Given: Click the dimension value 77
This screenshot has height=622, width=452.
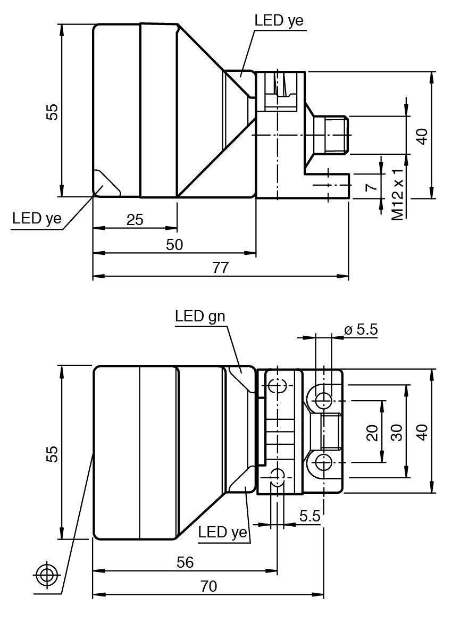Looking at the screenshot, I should coord(220,268).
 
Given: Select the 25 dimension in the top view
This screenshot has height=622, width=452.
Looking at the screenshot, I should coord(135,219).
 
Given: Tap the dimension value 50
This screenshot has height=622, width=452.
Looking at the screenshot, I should coord(174,244).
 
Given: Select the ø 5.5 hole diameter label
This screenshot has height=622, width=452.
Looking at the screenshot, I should coord(361,330).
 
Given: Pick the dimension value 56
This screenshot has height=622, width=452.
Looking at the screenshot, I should coord(185,562).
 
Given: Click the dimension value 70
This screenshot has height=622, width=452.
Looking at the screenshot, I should coord(208,586).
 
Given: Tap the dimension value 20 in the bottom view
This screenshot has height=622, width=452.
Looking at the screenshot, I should coord(372,432).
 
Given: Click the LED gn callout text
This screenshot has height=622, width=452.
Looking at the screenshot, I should coord(200,316).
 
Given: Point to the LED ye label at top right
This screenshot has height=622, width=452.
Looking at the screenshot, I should coord(279,21).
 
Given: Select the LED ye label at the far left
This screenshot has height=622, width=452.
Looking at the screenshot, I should coord(37,218).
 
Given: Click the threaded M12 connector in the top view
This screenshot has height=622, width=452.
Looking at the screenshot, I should coord(331,135).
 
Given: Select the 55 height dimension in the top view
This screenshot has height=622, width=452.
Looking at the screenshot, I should coord(52,111).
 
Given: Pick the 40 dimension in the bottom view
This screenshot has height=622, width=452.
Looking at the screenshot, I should coord(422,432).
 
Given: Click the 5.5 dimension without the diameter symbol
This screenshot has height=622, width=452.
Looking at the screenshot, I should coord(309,516).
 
